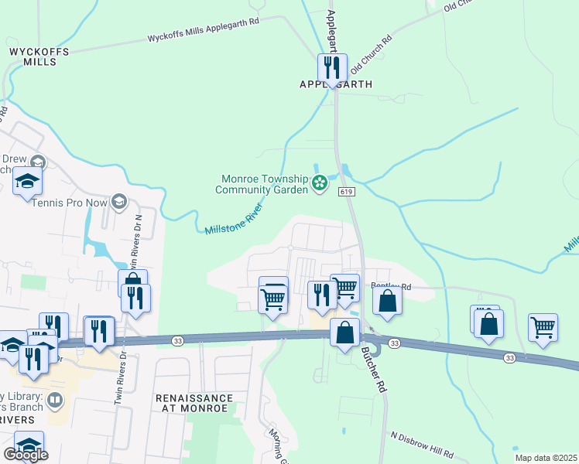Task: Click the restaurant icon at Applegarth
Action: point(332,67)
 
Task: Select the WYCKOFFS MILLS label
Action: point(39,56)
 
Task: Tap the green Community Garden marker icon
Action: point(319,183)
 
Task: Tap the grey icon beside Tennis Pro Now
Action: point(118,203)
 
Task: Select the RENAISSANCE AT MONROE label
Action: point(194,402)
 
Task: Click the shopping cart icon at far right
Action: point(543,326)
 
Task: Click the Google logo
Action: point(26,455)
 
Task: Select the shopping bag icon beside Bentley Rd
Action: point(387,299)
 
